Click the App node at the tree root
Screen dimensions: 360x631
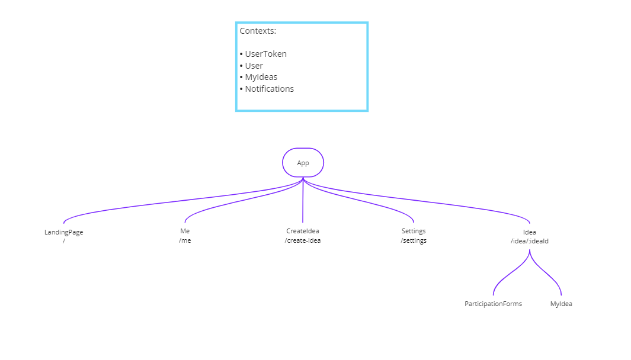tap(303, 163)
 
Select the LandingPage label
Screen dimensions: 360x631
tap(63, 232)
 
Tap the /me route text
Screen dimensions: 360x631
tap(185, 240)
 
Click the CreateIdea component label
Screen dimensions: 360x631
tap(302, 231)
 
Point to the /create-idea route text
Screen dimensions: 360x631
tap(302, 240)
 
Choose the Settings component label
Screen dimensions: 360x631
tap(414, 231)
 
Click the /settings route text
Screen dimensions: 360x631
tap(414, 240)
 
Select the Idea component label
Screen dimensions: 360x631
tap(529, 232)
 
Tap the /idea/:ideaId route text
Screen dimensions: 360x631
tap(529, 241)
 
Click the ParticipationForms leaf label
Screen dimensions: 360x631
tap(493, 304)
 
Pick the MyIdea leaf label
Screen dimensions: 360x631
tap(560, 304)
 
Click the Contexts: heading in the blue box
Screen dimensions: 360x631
tap(258, 31)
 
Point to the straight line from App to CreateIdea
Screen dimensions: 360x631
tap(303, 201)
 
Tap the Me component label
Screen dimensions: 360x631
tap(185, 231)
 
